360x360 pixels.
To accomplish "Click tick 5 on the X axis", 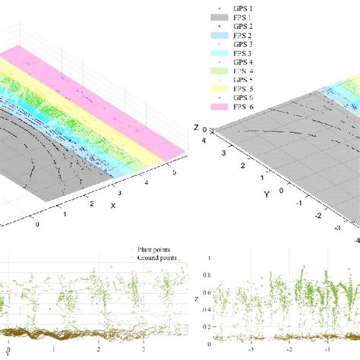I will tap(176, 173).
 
